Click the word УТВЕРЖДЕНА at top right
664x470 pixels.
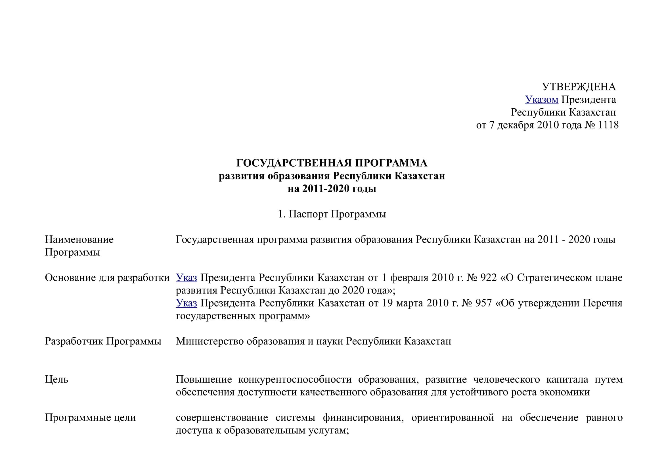(579, 87)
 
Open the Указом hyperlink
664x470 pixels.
(541, 100)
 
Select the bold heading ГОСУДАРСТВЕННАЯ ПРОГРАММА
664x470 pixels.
(332, 163)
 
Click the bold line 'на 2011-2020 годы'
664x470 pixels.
(332, 189)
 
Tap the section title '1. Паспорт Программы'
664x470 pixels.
(332, 214)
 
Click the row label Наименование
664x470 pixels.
(79, 239)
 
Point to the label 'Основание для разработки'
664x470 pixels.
(107, 278)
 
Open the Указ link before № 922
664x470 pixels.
(186, 278)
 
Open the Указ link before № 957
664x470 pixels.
(186, 303)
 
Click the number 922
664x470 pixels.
(488, 278)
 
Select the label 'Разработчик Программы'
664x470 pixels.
(103, 341)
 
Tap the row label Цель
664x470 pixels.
(56, 379)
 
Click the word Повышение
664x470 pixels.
(204, 379)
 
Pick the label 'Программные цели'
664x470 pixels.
(90, 418)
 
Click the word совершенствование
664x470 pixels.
(221, 418)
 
